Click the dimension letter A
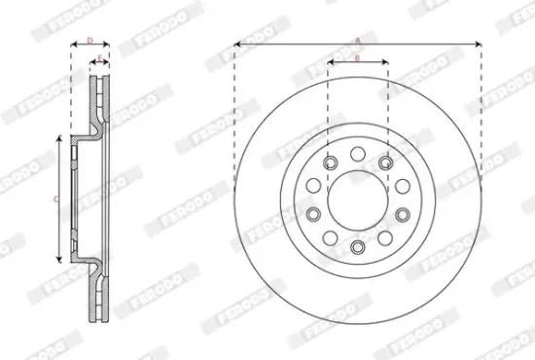click(358, 40)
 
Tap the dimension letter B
click(358, 58)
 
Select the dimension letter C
click(55, 199)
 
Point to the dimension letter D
click(89, 40)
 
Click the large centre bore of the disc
click(358, 200)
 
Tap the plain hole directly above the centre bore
click(358, 153)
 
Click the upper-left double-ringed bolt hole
click(330, 162)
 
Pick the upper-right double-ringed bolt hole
click(386, 162)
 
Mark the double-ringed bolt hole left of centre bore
click(313, 215)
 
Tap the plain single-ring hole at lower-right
click(386, 238)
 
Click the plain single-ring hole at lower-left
click(330, 238)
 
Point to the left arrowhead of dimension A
click(237, 45)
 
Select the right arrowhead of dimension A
click(480, 45)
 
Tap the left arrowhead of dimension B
click(330, 64)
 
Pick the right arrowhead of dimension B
click(386, 64)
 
